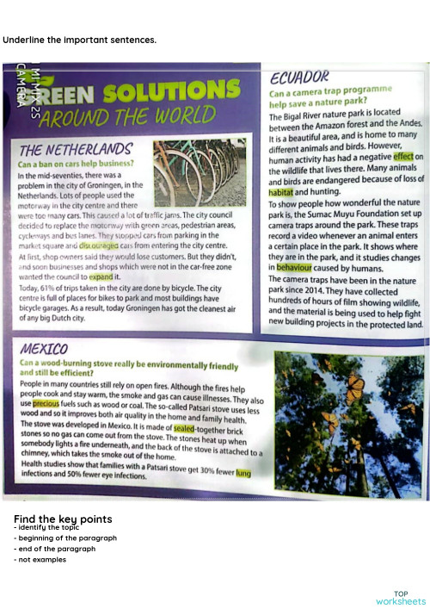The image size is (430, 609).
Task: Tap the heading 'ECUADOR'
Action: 299,75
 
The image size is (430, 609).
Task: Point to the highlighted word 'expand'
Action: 101,277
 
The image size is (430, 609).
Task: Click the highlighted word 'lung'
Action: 243,473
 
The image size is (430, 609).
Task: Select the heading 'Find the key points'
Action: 63,519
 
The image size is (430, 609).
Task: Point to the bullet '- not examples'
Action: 40,560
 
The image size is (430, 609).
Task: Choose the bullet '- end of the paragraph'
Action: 57,549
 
